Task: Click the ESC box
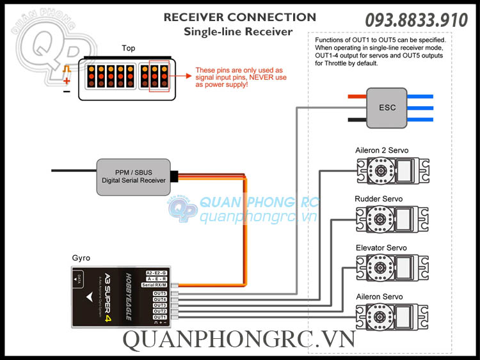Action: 387,107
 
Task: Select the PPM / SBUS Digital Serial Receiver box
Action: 134,176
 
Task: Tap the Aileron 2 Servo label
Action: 381,150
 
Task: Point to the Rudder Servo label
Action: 379,199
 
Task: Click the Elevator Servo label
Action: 381,247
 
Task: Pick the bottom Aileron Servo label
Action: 379,297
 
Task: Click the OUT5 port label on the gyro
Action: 160,293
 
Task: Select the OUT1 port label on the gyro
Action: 160,317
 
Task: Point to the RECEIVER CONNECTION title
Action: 239,17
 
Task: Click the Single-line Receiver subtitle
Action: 238,31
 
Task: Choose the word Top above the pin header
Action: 129,48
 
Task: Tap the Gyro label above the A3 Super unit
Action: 81,258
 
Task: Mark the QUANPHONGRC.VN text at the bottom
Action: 239,341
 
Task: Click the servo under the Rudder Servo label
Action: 387,219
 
